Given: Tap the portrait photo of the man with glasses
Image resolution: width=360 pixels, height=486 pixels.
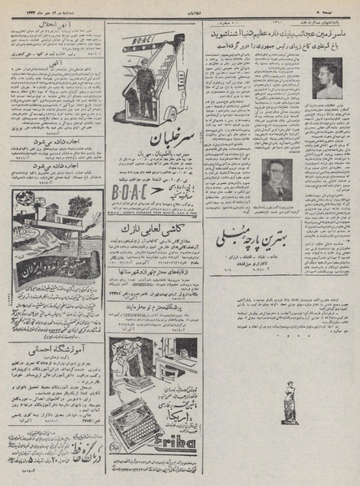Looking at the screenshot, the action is (279, 178).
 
